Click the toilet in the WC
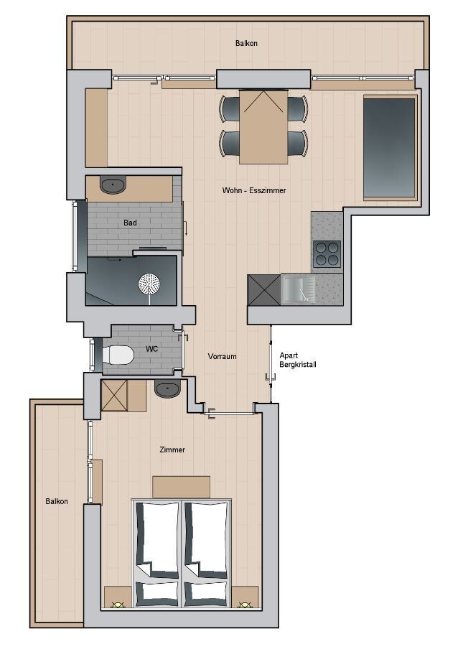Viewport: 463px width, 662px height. (118, 355)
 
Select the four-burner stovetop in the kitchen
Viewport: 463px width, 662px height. (327, 253)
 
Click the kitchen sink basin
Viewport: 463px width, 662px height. (299, 289)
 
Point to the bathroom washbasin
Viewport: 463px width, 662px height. (113, 185)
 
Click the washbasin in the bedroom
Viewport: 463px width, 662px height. (167, 388)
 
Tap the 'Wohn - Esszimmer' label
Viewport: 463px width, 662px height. (254, 190)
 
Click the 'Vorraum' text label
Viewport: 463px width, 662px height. (222, 356)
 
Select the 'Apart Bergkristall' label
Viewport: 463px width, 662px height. (298, 360)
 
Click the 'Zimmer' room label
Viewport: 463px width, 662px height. (172, 449)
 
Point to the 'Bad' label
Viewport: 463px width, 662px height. (130, 223)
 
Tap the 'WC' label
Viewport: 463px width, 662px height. (151, 349)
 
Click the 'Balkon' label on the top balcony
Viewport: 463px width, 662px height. (246, 43)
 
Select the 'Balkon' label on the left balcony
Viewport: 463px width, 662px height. (57, 501)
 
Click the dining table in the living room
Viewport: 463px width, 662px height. (263, 126)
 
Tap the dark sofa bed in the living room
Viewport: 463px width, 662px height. (390, 147)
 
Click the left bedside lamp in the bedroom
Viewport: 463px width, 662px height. (118, 605)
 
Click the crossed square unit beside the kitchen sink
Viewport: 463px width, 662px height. (263, 289)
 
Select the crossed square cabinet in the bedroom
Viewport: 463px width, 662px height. (114, 396)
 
